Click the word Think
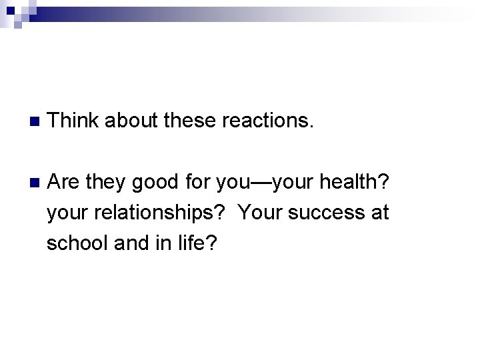pyautogui.click(x=73, y=121)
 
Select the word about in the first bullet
pyautogui.click(x=131, y=121)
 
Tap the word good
pyautogui.click(x=155, y=181)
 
